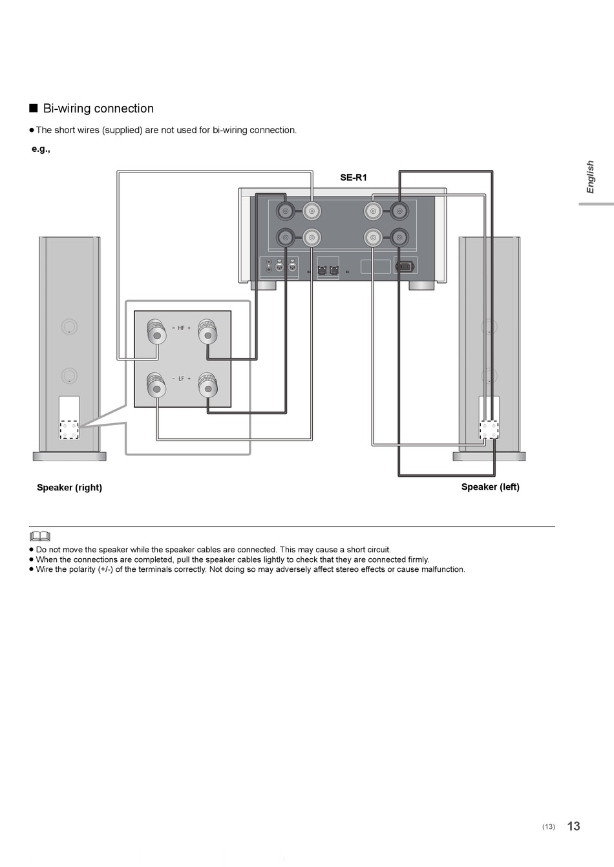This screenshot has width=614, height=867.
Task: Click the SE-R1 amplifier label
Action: tap(353, 177)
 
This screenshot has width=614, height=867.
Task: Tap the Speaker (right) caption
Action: tap(69, 487)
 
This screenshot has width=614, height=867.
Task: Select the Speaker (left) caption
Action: tap(490, 486)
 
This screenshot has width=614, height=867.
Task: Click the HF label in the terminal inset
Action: tap(181, 328)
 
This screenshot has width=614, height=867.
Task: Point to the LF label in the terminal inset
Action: tap(181, 379)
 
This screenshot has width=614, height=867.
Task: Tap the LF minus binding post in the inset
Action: tap(156, 385)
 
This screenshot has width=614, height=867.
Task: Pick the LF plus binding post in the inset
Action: tap(207, 385)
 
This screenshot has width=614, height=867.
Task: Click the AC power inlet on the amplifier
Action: tap(405, 266)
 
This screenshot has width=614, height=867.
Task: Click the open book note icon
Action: tap(40, 536)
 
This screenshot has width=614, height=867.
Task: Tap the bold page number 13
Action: tap(573, 826)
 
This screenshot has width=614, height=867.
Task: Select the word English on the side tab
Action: tap(590, 177)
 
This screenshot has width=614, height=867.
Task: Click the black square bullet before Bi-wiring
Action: tap(34, 108)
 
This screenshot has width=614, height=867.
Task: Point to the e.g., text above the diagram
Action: tap(41, 149)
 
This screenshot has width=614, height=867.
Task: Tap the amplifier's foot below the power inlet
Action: tap(421, 286)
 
